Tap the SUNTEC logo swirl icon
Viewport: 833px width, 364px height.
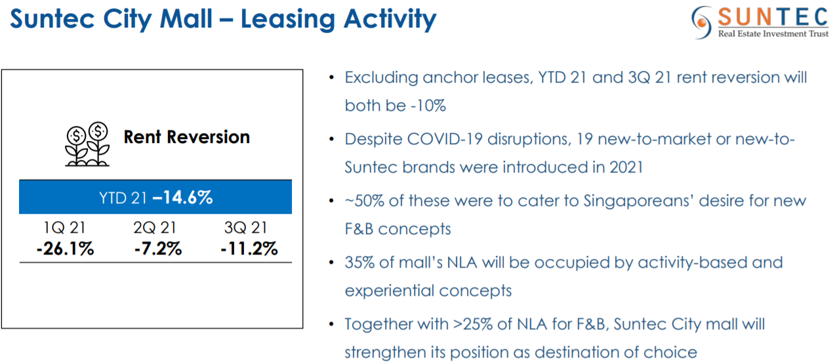[x=702, y=22]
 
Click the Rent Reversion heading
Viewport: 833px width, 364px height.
[x=187, y=137]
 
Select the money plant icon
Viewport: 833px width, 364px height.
[x=87, y=144]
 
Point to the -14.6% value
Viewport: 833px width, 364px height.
[x=182, y=197]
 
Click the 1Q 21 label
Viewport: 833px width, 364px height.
[x=64, y=228]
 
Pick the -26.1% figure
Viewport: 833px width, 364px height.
[x=65, y=249]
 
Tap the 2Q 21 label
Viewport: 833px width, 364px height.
[x=155, y=228]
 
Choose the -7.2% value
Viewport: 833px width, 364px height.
[x=158, y=249]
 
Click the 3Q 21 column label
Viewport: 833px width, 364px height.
[x=246, y=228]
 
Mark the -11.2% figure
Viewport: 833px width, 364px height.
[x=249, y=249]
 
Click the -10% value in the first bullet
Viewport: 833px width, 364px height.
[x=428, y=106]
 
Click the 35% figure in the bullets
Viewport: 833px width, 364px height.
[x=359, y=262]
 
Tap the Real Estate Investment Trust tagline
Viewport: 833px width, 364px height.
[x=773, y=34]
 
